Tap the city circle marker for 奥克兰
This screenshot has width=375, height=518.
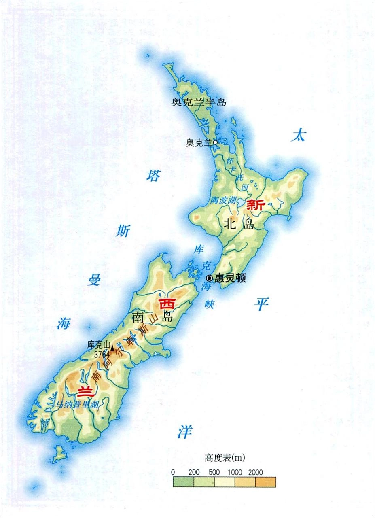click(x=215, y=142)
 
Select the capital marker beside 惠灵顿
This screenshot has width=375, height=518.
click(x=209, y=278)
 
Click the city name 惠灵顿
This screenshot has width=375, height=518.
click(x=231, y=278)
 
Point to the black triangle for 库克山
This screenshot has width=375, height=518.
click(x=112, y=347)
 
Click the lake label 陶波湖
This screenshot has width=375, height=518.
click(x=224, y=200)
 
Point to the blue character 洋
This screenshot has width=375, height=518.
click(x=184, y=432)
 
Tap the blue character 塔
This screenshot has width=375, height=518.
click(x=153, y=176)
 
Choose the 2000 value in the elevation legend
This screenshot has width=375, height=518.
click(x=256, y=472)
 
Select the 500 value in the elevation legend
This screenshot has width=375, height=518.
click(x=214, y=472)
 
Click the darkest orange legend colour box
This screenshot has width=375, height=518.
click(x=266, y=482)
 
